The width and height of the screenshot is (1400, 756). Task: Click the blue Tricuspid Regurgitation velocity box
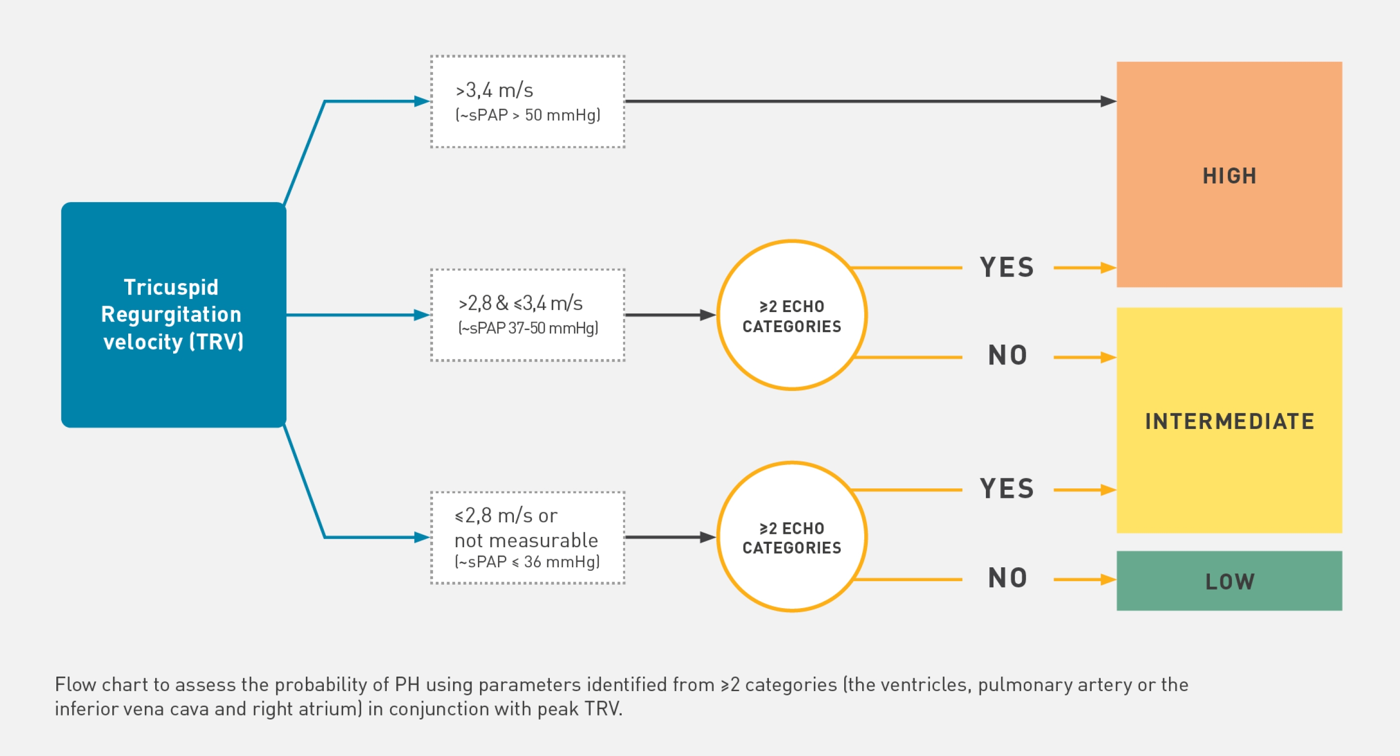pyautogui.click(x=173, y=315)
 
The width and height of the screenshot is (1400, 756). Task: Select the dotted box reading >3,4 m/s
pyautogui.click(x=527, y=101)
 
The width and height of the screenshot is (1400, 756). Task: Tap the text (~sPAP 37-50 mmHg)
pyautogui.click(x=528, y=329)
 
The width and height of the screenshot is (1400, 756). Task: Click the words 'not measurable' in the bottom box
pyautogui.click(x=525, y=540)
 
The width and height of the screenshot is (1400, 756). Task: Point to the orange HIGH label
pyautogui.click(x=1229, y=176)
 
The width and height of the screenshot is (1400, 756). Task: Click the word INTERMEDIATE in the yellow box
pyautogui.click(x=1229, y=421)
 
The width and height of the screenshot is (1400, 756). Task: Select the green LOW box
pyautogui.click(x=1229, y=581)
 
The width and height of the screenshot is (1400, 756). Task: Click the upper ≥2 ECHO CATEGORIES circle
pyautogui.click(x=791, y=315)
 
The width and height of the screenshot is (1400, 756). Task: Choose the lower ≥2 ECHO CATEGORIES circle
pyautogui.click(x=791, y=537)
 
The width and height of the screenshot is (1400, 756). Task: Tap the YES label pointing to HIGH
pyautogui.click(x=1006, y=268)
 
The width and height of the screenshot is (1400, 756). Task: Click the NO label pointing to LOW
pyautogui.click(x=1007, y=578)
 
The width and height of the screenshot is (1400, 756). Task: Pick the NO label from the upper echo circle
pyautogui.click(x=1007, y=356)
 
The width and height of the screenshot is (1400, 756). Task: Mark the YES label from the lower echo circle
pyautogui.click(x=1006, y=488)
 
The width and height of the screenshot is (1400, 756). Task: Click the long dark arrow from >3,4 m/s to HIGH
pyautogui.click(x=870, y=101)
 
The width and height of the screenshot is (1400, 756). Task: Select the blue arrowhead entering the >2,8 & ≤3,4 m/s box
pyautogui.click(x=422, y=315)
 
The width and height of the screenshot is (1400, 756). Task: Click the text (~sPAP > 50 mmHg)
pyautogui.click(x=528, y=115)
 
